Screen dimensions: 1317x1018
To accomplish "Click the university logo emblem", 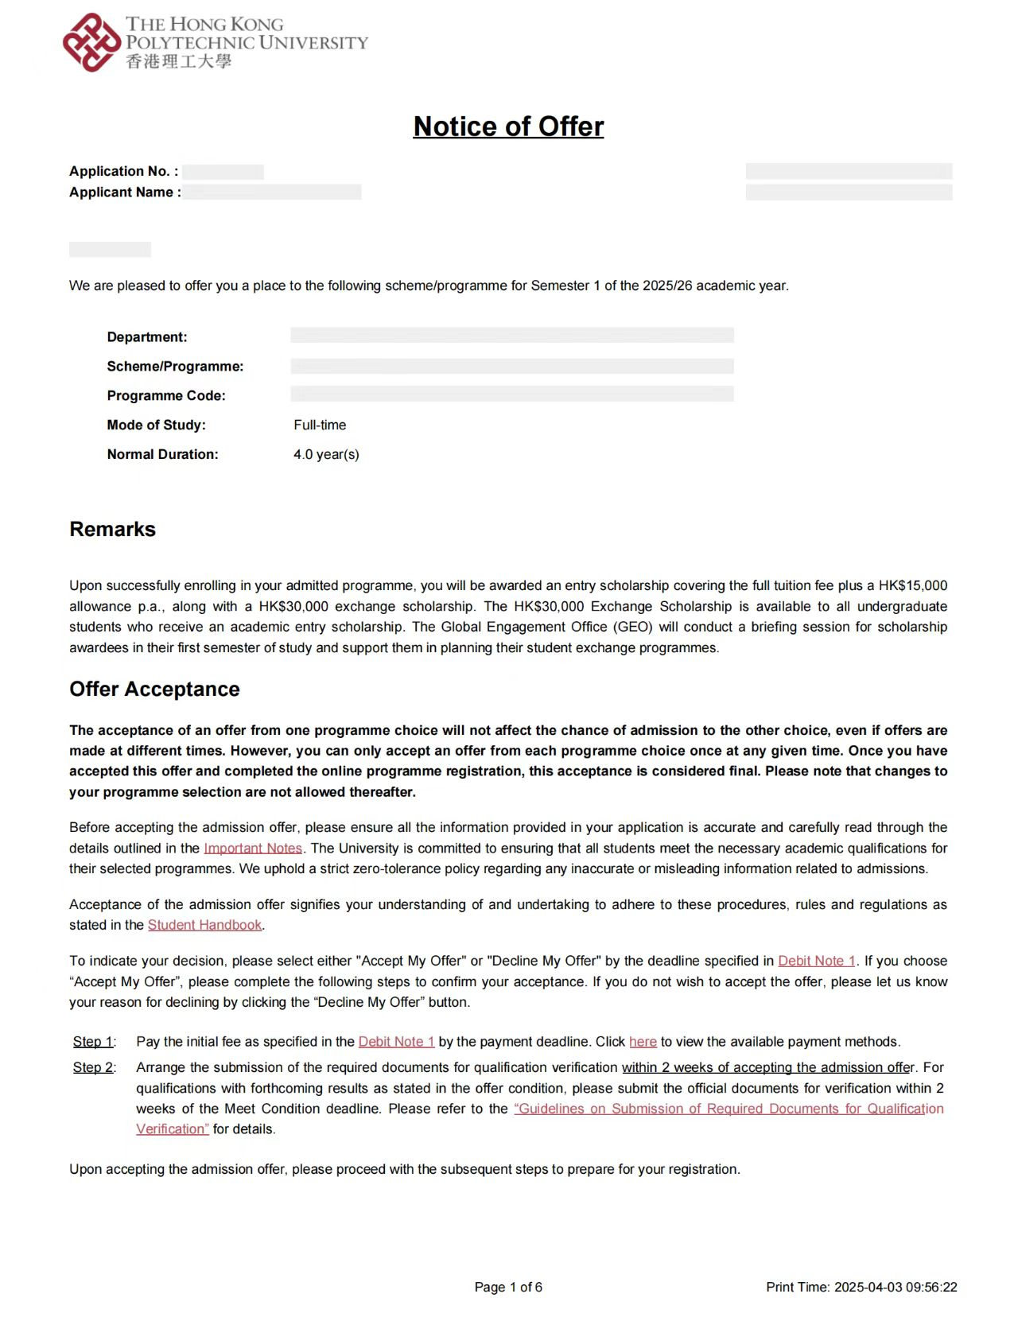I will (x=91, y=42).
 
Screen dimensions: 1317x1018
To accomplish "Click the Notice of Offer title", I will (x=508, y=126).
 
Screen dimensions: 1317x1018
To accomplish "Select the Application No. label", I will (x=123, y=171).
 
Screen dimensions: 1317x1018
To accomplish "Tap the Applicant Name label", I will (x=125, y=192).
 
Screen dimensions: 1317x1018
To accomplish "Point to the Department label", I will (x=147, y=337).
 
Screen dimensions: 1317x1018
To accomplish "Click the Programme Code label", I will (x=166, y=395).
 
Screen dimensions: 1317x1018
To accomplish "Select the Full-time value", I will (x=320, y=425).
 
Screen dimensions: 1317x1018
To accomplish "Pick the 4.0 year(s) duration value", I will (x=326, y=454).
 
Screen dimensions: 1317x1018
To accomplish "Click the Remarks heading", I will (x=112, y=529).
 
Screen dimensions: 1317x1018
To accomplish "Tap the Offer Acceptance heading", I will (x=154, y=689).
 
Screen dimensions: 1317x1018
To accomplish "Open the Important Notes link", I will (x=253, y=848).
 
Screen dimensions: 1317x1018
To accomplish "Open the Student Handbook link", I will (x=204, y=925).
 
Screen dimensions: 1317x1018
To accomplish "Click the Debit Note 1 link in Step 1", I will (x=396, y=1041).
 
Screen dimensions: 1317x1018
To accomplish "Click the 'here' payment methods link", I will (x=643, y=1041).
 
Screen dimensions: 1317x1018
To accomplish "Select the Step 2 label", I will (x=94, y=1067).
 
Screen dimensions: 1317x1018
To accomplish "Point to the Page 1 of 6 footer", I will (x=508, y=1287).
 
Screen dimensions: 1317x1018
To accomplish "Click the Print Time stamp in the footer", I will (x=861, y=1287).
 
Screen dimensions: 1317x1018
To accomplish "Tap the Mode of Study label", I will (x=156, y=425).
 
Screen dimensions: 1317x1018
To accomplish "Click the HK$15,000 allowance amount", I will (x=912, y=585).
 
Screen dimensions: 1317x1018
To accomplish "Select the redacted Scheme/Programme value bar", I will (x=511, y=366).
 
